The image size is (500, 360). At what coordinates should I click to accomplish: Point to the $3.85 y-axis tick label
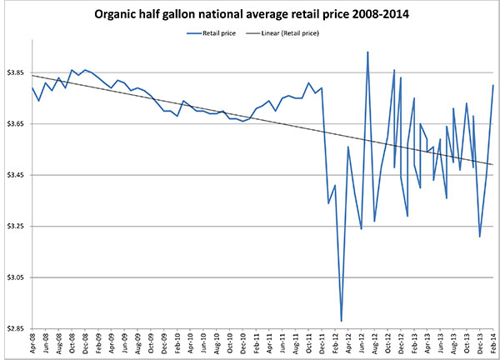(17, 72)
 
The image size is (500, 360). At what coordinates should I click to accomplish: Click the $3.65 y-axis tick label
(17, 123)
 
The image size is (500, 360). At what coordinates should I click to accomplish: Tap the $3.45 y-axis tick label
(17, 175)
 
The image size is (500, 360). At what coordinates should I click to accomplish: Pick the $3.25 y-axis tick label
(17, 226)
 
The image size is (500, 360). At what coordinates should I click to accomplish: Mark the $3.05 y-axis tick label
(17, 277)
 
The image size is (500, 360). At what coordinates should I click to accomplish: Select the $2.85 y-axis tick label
(17, 327)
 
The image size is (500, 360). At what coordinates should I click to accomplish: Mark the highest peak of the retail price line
(367, 52)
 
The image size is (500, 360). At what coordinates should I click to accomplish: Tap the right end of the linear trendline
(493, 165)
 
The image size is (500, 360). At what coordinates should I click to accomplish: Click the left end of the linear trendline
(32, 75)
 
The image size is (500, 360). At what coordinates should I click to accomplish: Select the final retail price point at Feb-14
(493, 85)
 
